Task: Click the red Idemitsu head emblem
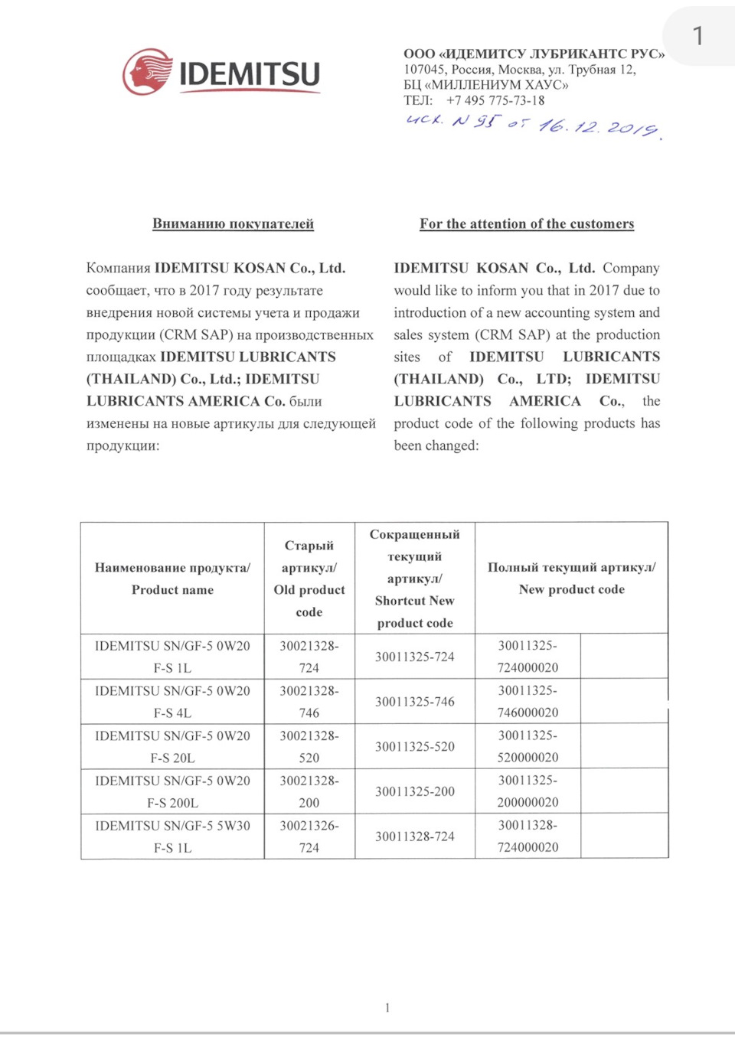pyautogui.click(x=148, y=73)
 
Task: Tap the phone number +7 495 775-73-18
pyautogui.click(x=495, y=100)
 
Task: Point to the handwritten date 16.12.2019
pyautogui.click(x=598, y=126)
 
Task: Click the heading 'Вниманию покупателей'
pyautogui.click(x=233, y=223)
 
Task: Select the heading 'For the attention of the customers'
pyautogui.click(x=527, y=223)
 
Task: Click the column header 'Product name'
pyautogui.click(x=172, y=590)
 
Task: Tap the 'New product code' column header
pyautogui.click(x=571, y=589)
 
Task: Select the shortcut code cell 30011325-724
pyautogui.click(x=414, y=657)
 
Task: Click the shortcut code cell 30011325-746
pyautogui.click(x=414, y=702)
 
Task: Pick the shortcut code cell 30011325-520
pyautogui.click(x=414, y=747)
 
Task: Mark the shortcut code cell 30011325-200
pyautogui.click(x=414, y=791)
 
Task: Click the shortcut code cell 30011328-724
pyautogui.click(x=414, y=836)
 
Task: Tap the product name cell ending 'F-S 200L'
pyautogui.click(x=172, y=791)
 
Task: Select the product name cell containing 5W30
pyautogui.click(x=172, y=836)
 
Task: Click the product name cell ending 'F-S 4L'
pyautogui.click(x=172, y=702)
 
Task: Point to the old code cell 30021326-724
pyautogui.click(x=309, y=836)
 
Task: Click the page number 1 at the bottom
pyautogui.click(x=387, y=1008)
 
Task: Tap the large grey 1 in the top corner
pyautogui.click(x=697, y=35)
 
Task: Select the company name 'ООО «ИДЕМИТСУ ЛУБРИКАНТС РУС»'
pyautogui.click(x=534, y=54)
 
